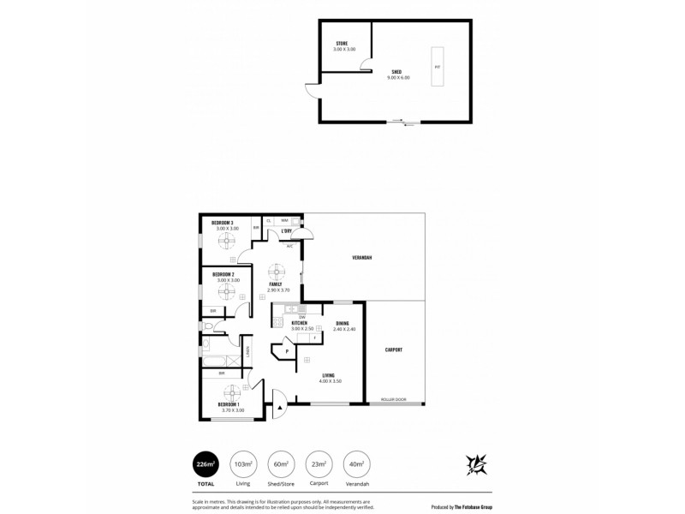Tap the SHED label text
coord(397,73)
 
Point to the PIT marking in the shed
coord(438,66)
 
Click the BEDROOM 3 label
coord(223,224)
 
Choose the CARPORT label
coord(394,350)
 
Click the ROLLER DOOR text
coord(393,399)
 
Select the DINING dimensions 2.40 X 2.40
coord(344,329)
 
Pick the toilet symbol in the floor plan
coord(209,327)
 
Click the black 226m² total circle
coord(205,463)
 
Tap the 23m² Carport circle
coord(319,463)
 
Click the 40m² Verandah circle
coord(356,463)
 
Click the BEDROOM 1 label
coord(228,404)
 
